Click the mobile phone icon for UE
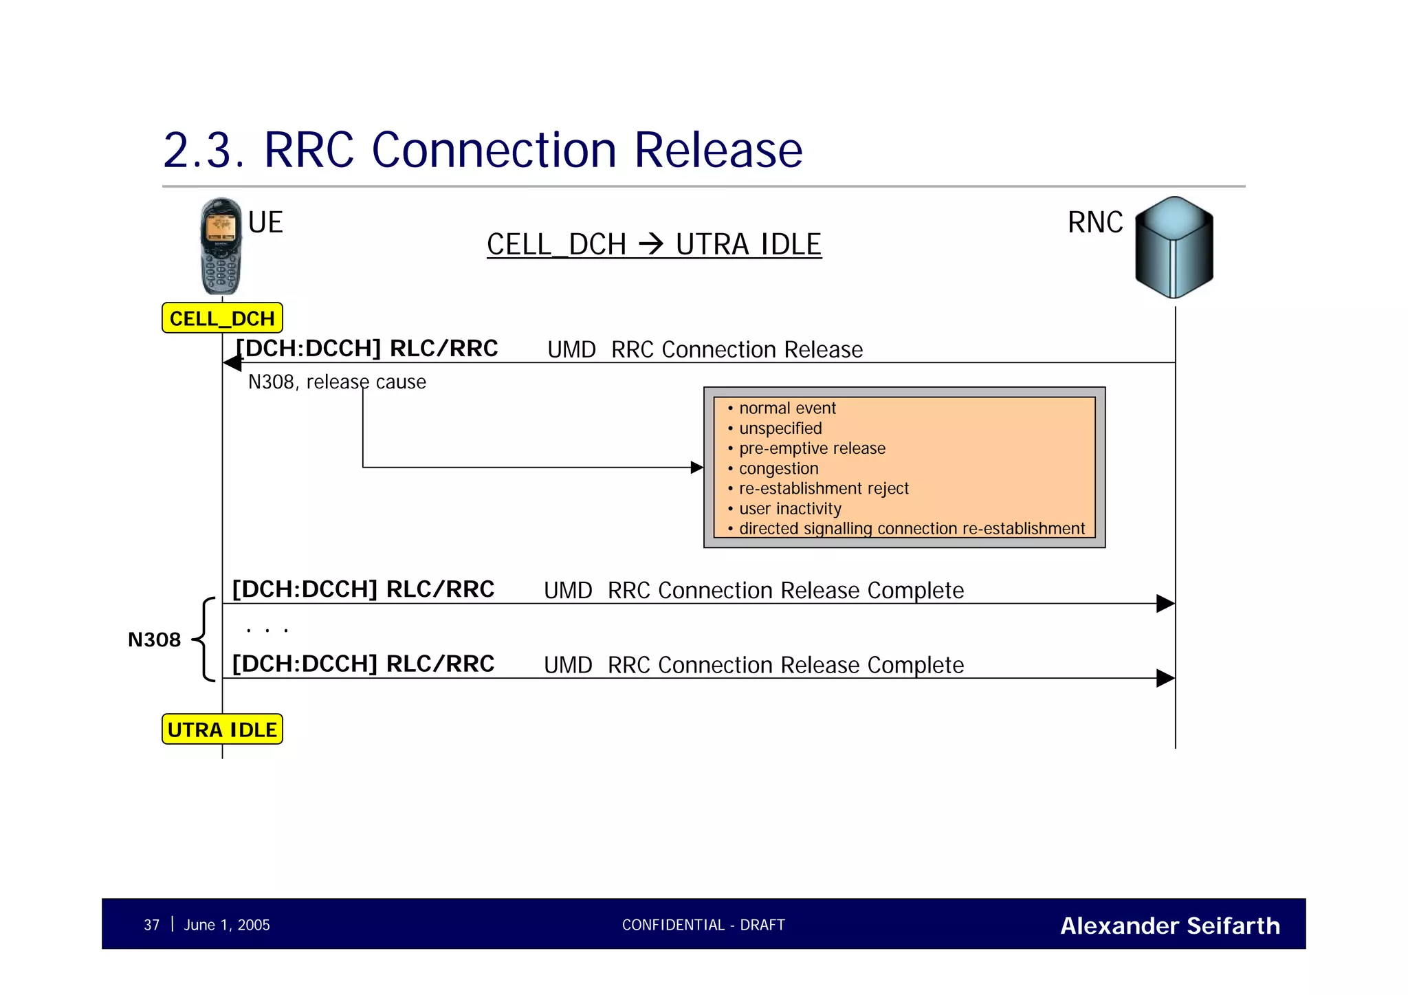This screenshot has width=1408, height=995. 221,246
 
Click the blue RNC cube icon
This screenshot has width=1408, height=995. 1174,247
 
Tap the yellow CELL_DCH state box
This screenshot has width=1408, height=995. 222,318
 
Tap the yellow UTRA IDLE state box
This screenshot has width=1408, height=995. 222,730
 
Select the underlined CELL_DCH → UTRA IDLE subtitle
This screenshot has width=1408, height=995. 654,245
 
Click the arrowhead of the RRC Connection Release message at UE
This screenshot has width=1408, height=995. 233,363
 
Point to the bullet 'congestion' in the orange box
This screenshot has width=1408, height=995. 778,468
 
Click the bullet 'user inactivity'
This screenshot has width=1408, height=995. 789,509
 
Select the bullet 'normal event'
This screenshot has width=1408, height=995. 786,408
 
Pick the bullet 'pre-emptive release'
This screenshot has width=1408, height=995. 811,448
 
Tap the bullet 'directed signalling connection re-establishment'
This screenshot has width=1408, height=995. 911,529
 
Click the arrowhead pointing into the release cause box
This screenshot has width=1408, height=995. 696,468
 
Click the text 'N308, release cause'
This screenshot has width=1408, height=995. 337,382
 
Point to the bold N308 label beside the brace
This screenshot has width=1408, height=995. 154,640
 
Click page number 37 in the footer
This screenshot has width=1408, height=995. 151,925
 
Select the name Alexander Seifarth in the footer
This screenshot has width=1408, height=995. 1169,926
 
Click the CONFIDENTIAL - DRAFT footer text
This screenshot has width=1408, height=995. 703,925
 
